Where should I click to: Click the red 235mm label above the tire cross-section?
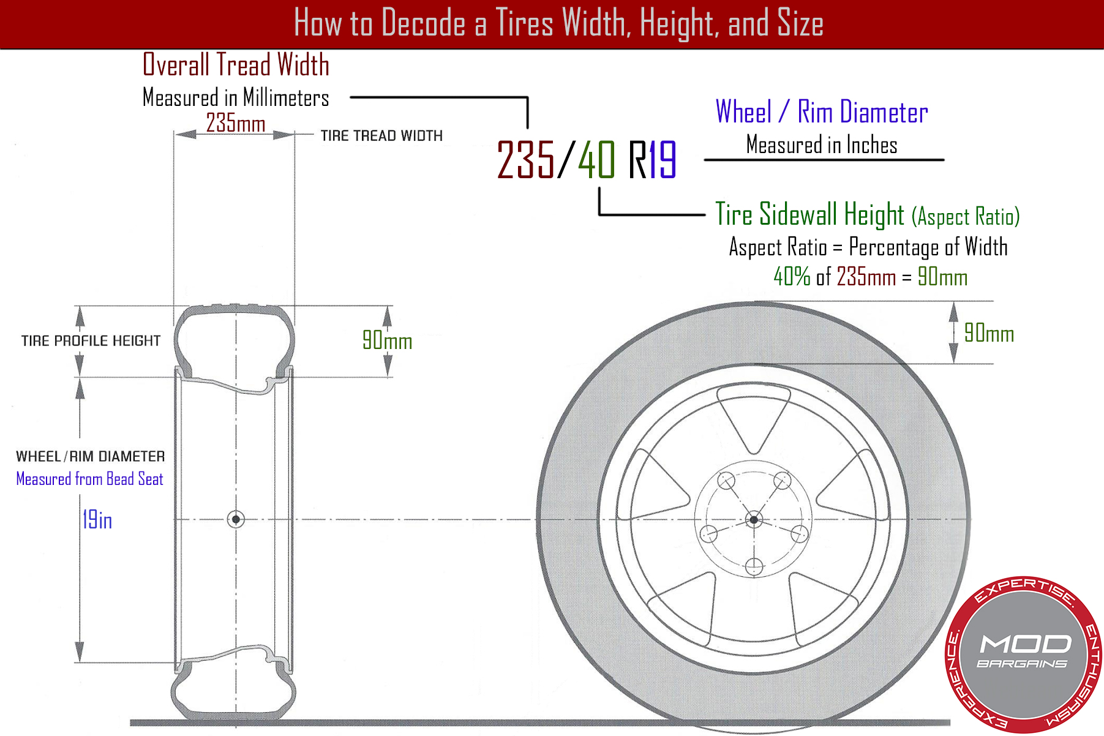[x=235, y=123]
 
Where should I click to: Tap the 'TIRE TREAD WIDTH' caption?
[x=381, y=135]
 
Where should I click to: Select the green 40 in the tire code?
[x=596, y=159]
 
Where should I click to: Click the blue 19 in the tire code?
[x=663, y=159]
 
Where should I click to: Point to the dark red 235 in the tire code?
[x=525, y=159]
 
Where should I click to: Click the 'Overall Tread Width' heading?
[x=236, y=65]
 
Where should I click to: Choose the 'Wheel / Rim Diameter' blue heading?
[x=822, y=112]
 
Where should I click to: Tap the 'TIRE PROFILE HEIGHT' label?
[x=91, y=340]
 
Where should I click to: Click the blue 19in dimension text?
[x=97, y=520]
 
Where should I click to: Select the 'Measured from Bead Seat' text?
[x=89, y=479]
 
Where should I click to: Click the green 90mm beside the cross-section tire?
[x=387, y=340]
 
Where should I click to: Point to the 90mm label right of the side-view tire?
[x=989, y=333]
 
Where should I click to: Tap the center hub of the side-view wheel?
[x=754, y=520]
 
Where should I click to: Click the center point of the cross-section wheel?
[x=236, y=519]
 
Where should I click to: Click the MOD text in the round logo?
[x=1026, y=644]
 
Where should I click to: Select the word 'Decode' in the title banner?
[x=422, y=23]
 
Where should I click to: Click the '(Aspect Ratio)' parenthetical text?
[x=966, y=217]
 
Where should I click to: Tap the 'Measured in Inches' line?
[x=822, y=145]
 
